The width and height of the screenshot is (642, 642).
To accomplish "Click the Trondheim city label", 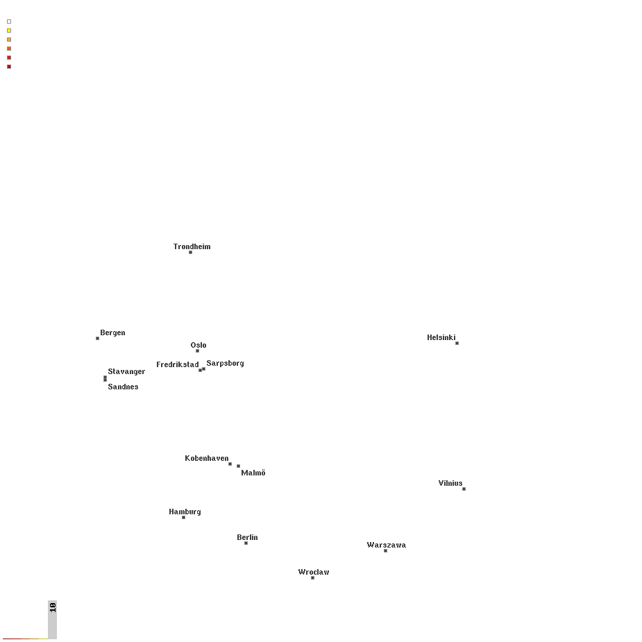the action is (192, 246).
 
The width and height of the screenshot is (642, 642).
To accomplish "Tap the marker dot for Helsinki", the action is (457, 343).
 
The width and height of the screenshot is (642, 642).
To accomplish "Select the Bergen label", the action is (112, 333).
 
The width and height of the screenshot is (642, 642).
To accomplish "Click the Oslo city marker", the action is (197, 351).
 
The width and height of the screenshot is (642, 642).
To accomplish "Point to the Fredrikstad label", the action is (177, 364).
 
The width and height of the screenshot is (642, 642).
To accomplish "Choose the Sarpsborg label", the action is (225, 363).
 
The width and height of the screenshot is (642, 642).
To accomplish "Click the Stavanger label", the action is (126, 372).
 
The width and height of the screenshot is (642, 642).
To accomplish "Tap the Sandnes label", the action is (123, 387).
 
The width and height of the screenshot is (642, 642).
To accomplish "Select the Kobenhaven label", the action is (206, 458).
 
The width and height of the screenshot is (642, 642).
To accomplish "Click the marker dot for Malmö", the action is (238, 466).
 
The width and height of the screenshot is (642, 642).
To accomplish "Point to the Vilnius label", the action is (450, 483).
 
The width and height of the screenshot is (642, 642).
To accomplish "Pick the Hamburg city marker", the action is (183, 518).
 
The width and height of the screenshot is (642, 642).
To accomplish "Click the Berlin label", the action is (247, 537).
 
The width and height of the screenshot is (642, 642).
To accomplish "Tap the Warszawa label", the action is (386, 545).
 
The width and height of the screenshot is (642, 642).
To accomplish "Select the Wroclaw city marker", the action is (312, 577).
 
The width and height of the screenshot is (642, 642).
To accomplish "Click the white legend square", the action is (9, 22).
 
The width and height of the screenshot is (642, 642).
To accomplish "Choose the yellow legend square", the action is (9, 31).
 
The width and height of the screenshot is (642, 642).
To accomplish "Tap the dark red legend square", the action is (9, 67).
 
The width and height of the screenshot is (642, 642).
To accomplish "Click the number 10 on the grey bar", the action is (53, 607).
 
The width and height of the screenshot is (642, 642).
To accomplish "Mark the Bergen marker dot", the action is (97, 338).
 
